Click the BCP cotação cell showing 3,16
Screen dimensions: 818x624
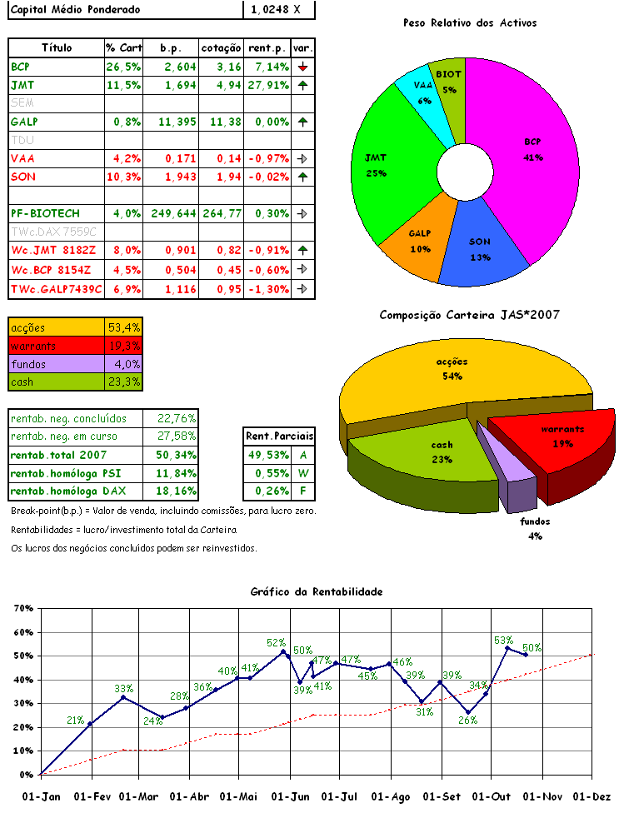click(x=222, y=66)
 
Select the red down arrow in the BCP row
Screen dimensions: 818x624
click(x=303, y=66)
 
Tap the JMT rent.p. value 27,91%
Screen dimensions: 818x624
click(x=267, y=85)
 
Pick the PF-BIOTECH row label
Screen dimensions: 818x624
click(x=45, y=212)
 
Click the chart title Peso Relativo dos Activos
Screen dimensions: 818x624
click(x=469, y=23)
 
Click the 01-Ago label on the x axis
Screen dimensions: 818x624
click(x=391, y=796)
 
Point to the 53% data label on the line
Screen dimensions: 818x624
click(x=503, y=641)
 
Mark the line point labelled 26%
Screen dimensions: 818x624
click(x=468, y=713)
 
